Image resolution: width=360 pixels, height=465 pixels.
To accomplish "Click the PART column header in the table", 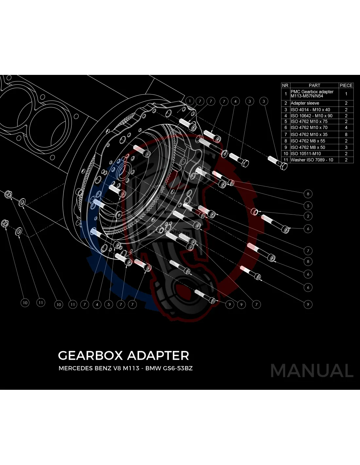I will pos(314,85).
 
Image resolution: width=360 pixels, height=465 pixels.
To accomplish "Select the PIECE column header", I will pos(346,85).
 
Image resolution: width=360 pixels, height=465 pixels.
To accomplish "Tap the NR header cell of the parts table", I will pos(285,85).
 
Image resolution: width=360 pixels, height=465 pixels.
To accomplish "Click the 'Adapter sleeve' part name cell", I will pos(305,103).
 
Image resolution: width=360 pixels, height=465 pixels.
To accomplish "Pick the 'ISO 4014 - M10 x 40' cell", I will pos(310,110).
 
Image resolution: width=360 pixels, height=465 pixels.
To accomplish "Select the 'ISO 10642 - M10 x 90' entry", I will pos(311,116).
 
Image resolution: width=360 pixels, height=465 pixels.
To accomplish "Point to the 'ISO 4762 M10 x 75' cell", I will pos(309,121).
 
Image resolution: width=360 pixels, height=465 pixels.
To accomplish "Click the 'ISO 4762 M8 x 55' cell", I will pos(308,141).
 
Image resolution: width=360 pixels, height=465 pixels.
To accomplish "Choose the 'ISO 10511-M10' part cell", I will pos(306,154).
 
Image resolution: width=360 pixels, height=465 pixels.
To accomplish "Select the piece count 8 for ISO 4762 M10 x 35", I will pos(346,134).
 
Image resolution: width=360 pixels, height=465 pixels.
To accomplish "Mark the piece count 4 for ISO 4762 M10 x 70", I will pos(346,128).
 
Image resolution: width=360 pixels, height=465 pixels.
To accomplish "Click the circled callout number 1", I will pos(190,101).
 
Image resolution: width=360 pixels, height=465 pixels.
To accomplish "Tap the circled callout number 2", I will pos(308,216).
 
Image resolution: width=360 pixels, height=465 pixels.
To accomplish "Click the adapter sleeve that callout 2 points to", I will pos(255,212).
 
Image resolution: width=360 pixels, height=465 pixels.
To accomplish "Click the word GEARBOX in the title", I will pos(90,355).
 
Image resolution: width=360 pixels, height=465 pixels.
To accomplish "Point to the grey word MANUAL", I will pos(312,370).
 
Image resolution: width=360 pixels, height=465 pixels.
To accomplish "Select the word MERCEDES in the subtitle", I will pos(76,368).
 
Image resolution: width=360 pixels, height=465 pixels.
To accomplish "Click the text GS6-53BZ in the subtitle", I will pos(178,368).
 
